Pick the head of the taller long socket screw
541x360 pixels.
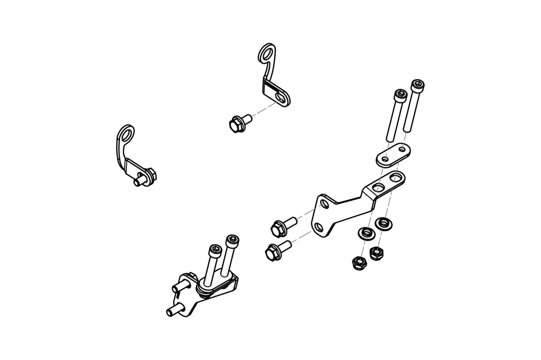(x=417, y=85)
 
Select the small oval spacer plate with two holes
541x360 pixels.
(x=392, y=154)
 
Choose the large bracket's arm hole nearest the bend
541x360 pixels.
(x=379, y=187)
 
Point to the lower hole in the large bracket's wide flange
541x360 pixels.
(x=319, y=226)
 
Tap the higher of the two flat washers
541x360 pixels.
(x=384, y=224)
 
